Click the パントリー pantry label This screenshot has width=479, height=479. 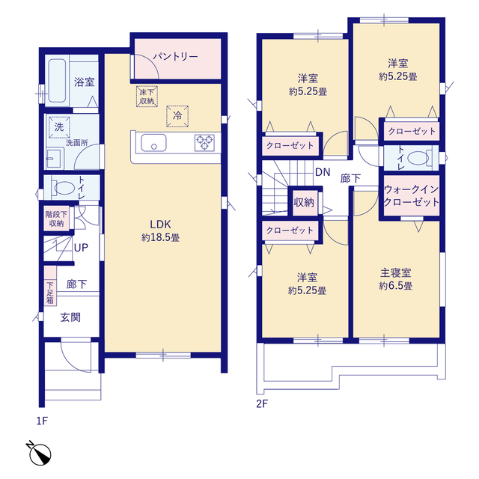175,57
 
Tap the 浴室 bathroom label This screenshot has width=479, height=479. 84,82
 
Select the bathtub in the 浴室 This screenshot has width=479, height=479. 57,80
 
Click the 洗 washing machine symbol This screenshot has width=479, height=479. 59,126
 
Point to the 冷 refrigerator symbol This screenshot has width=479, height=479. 177,116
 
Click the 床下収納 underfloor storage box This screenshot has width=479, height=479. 147,97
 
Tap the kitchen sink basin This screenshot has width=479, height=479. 153,143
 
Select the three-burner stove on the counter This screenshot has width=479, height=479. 204,143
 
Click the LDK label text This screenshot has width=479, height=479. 160,225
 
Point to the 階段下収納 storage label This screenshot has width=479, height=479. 56,219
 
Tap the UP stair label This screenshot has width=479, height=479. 81,248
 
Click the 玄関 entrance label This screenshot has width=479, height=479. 70,317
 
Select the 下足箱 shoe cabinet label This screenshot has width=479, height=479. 50,293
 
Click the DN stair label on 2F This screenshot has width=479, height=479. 323,172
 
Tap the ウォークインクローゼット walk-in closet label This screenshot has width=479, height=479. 411,195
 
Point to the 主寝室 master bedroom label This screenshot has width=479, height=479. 396,272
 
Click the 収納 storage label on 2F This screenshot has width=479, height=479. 304,202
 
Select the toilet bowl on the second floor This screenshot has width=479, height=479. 418,158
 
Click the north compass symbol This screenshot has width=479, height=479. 39,454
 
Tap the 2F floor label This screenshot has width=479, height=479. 262,404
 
